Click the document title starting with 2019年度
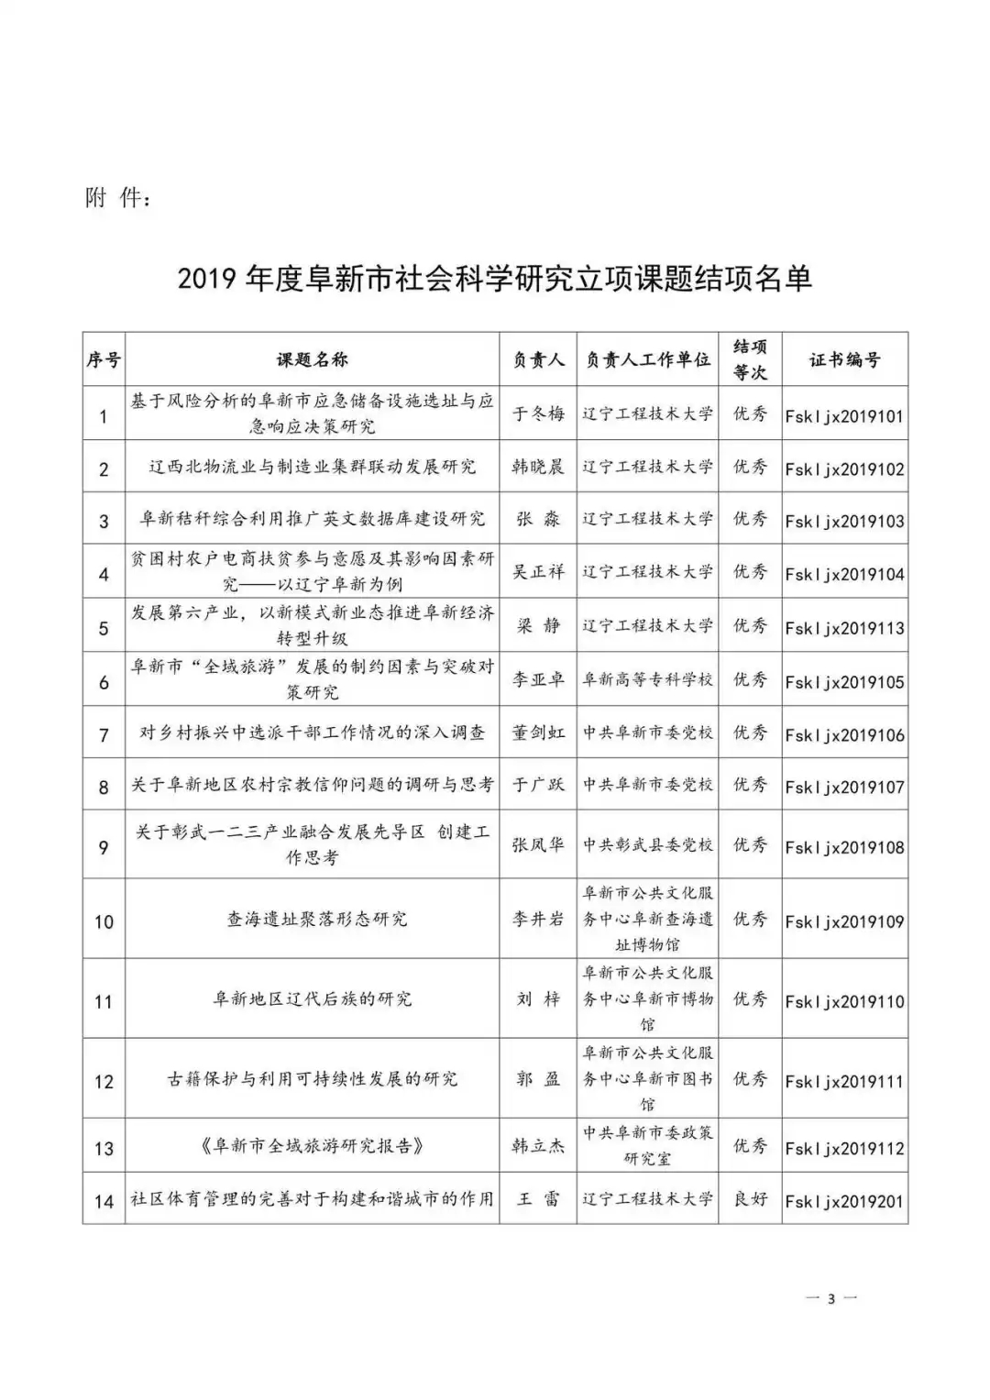click(x=495, y=279)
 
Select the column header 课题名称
click(x=312, y=359)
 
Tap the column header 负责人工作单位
click(x=648, y=359)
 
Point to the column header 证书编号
click(x=844, y=359)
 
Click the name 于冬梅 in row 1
click(x=538, y=413)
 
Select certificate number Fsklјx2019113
click(x=844, y=628)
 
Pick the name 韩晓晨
click(x=538, y=467)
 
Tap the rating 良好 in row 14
click(x=750, y=1199)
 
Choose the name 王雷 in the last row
click(x=538, y=1199)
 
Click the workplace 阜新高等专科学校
click(x=648, y=680)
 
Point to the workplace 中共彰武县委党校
click(x=648, y=844)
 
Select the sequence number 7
click(x=104, y=735)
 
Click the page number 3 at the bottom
click(x=830, y=1298)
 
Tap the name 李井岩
click(x=538, y=919)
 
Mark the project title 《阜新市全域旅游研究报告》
click(x=312, y=1146)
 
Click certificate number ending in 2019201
click(x=844, y=1201)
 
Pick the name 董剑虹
click(x=538, y=733)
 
